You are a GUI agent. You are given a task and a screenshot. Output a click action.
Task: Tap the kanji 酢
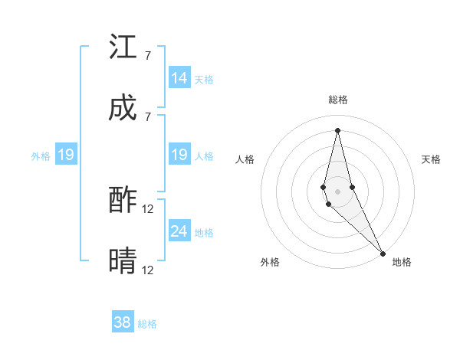pyautogui.click(x=123, y=201)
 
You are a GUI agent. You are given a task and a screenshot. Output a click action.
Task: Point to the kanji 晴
pyautogui.click(x=123, y=261)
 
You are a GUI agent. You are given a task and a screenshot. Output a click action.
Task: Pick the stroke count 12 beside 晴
pyautogui.click(x=148, y=270)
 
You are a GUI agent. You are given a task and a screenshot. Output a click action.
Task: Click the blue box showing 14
pyautogui.click(x=179, y=78)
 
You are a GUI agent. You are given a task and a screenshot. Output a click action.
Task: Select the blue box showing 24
pyautogui.click(x=179, y=231)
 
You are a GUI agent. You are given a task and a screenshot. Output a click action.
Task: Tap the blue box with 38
pyautogui.click(x=123, y=322)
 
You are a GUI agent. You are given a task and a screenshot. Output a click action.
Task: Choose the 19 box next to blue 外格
pyautogui.click(x=66, y=155)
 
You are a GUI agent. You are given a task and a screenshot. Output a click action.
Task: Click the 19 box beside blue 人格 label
pyautogui.click(x=179, y=155)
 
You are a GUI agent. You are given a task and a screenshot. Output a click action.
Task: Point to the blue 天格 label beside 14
pyautogui.click(x=204, y=79)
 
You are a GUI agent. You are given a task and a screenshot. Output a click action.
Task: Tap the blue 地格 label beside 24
pyautogui.click(x=204, y=232)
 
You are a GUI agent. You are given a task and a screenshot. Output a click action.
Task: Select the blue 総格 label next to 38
pyautogui.click(x=147, y=323)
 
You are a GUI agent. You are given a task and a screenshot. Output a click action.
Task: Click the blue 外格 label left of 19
pyautogui.click(x=41, y=155)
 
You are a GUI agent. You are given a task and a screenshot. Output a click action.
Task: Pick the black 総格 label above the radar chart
pyautogui.click(x=337, y=100)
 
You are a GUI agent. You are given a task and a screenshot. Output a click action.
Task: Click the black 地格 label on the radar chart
pyautogui.click(x=402, y=262)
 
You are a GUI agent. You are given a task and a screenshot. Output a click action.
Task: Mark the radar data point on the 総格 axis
pyautogui.click(x=337, y=130)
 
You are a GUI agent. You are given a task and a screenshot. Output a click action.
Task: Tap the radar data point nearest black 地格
pyautogui.click(x=383, y=252)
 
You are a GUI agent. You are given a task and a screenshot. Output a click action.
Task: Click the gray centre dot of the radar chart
pyautogui.click(x=337, y=191)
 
